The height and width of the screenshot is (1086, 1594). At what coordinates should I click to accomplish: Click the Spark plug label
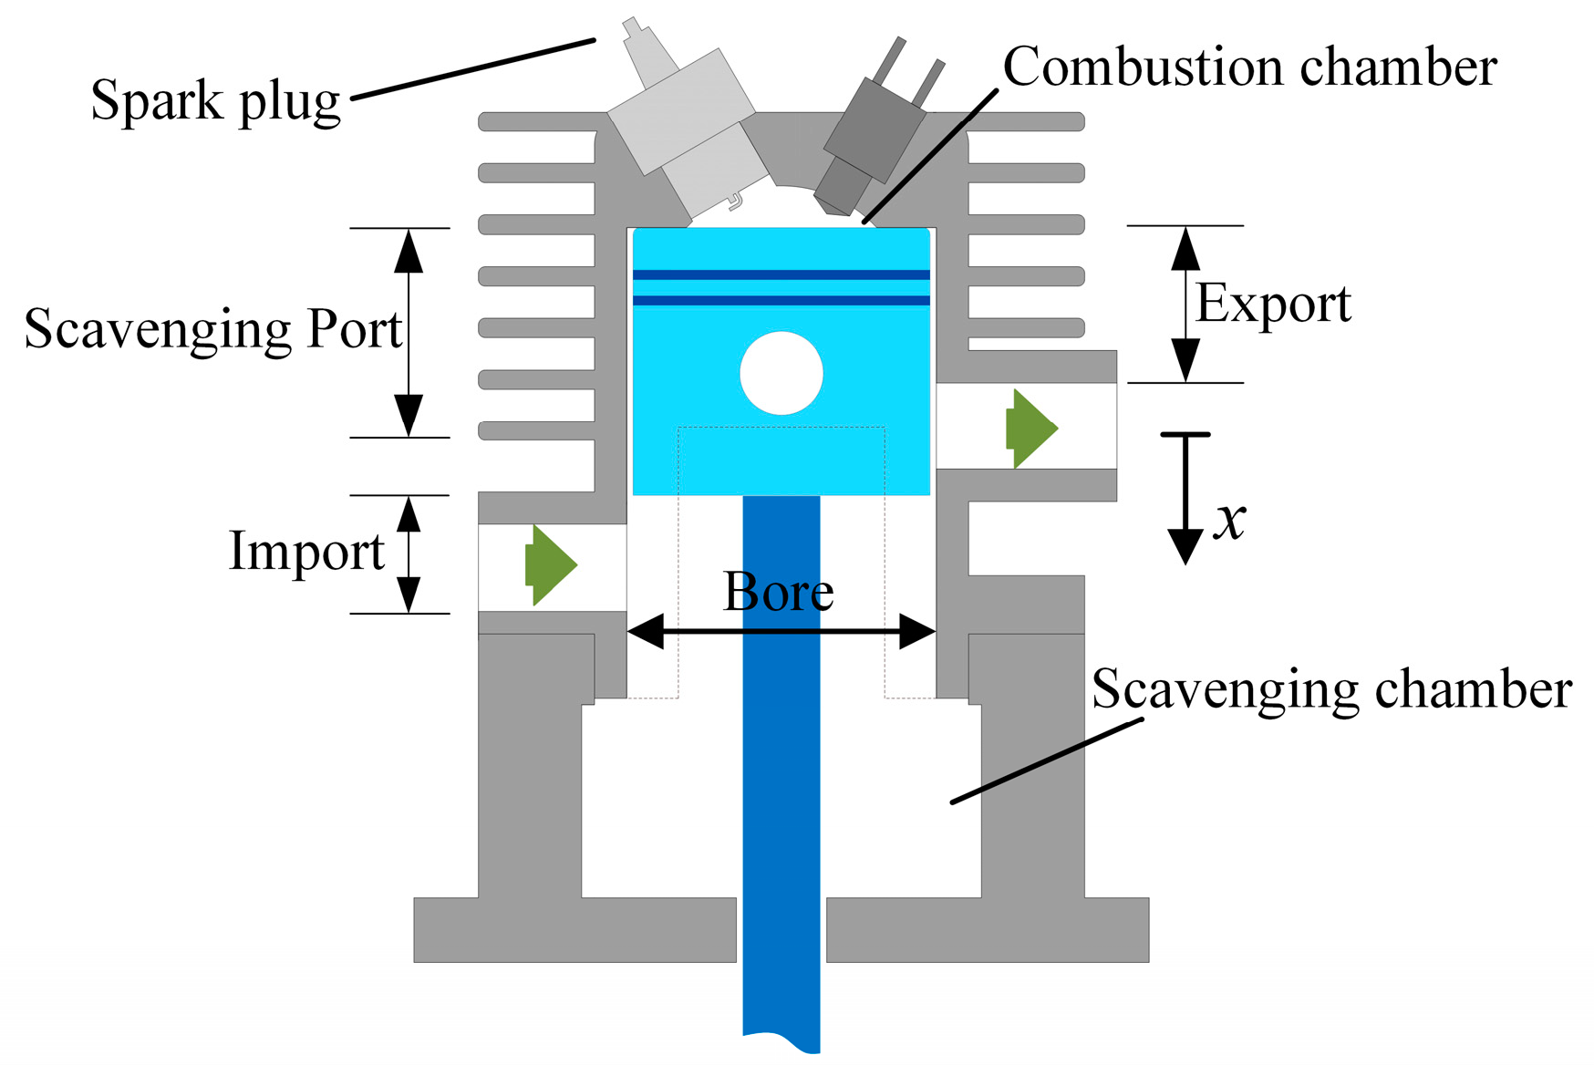215,100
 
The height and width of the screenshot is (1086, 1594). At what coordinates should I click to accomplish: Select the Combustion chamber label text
1249,67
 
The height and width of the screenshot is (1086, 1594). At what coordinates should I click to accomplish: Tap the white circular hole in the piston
781,373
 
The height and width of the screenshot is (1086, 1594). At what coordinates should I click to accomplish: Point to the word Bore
778,592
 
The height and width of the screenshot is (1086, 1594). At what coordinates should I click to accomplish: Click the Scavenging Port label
212,329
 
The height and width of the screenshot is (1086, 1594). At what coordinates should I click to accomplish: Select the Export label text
1273,304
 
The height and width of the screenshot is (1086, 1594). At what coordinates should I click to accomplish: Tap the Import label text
306,552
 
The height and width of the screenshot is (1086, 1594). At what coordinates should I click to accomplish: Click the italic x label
1230,521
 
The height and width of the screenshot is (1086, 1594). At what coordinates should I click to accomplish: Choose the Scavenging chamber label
1331,689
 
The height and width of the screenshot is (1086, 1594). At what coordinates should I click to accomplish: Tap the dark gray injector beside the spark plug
871,137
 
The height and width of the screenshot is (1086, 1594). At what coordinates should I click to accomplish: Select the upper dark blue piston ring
781,274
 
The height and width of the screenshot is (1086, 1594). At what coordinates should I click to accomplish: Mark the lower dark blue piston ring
781,300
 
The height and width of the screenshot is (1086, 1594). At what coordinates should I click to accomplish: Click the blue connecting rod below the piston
781,775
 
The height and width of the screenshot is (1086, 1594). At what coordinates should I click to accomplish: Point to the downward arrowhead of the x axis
1185,547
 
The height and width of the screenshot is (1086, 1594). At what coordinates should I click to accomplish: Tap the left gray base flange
574,929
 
